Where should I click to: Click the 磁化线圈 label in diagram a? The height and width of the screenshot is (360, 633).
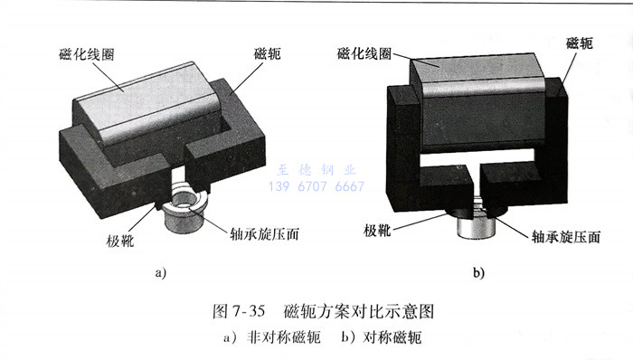(x=87, y=54)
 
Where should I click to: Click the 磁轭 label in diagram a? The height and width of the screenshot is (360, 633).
(x=267, y=53)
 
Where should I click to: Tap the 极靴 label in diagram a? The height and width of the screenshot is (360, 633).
(x=120, y=241)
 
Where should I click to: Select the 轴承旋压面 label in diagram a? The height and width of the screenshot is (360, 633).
(x=264, y=233)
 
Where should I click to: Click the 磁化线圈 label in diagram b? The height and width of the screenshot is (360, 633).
(x=364, y=53)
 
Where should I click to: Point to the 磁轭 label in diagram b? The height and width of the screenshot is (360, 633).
(x=580, y=43)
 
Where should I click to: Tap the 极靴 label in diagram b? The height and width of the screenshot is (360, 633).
(x=377, y=231)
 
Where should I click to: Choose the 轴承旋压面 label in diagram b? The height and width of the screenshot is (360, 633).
(x=566, y=236)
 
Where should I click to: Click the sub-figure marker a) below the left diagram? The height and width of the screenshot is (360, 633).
(x=161, y=272)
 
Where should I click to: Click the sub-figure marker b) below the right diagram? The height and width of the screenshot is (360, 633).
(x=478, y=272)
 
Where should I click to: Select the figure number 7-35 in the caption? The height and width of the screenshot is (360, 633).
(x=249, y=311)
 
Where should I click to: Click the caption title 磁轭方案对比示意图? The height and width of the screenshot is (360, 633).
(x=359, y=311)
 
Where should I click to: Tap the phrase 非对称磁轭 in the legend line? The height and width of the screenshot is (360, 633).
(x=284, y=337)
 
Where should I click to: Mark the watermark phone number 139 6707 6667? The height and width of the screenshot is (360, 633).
(x=316, y=186)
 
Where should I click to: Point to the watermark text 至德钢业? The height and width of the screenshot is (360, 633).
(x=316, y=170)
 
